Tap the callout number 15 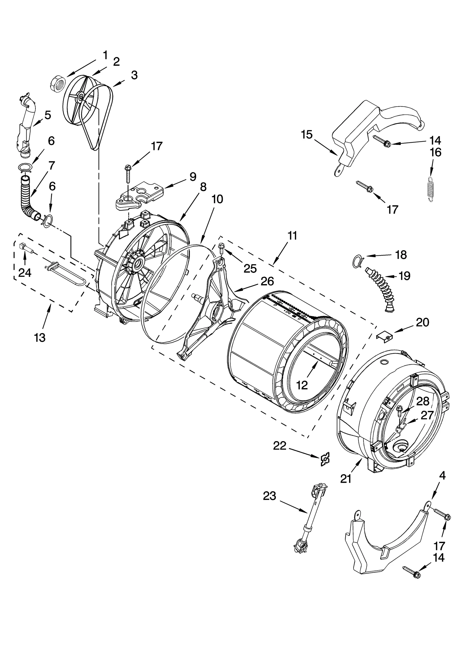[307, 135]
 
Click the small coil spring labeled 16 [430, 189]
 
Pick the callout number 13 [40, 338]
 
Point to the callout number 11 [292, 235]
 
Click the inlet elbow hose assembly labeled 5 [26, 123]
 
